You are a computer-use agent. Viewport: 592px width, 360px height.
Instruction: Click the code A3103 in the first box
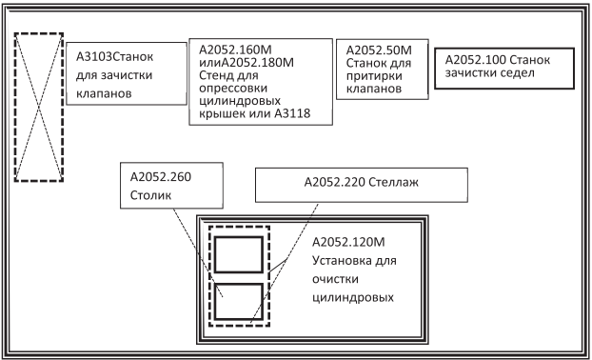click(95, 56)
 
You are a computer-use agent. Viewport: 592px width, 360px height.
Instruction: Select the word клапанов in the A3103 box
click(104, 93)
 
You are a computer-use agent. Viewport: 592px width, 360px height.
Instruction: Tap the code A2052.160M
click(235, 50)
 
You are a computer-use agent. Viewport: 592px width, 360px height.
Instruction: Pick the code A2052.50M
click(379, 50)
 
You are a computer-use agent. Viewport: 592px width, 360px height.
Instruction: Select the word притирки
click(374, 75)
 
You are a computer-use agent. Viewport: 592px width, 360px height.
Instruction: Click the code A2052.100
click(475, 60)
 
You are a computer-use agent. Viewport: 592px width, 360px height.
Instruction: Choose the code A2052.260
click(161, 177)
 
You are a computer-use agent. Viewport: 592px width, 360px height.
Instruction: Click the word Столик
click(150, 195)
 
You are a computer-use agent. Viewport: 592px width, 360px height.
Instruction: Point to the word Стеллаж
click(393, 182)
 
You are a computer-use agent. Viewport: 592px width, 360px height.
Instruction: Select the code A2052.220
click(334, 182)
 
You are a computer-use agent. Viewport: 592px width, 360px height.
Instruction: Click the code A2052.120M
click(348, 242)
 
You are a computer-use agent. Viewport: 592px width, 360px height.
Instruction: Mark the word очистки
click(335, 279)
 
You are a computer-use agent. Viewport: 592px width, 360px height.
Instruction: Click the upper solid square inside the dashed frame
click(239, 237)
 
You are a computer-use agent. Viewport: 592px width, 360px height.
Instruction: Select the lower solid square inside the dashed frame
click(239, 284)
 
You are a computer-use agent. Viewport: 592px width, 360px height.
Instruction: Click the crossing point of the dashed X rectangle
click(38, 108)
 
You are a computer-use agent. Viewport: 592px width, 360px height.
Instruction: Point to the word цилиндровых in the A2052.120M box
click(353, 297)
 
